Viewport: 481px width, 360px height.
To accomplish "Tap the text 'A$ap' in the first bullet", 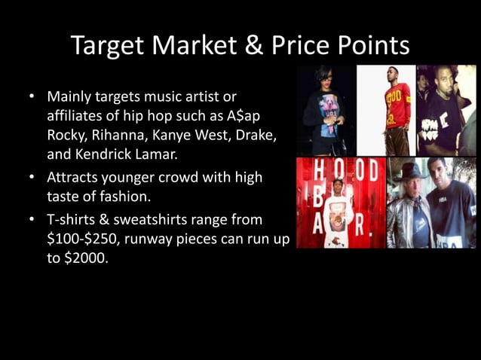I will click(x=246, y=117).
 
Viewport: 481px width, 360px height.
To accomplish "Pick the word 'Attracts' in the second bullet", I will click(x=72, y=178).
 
